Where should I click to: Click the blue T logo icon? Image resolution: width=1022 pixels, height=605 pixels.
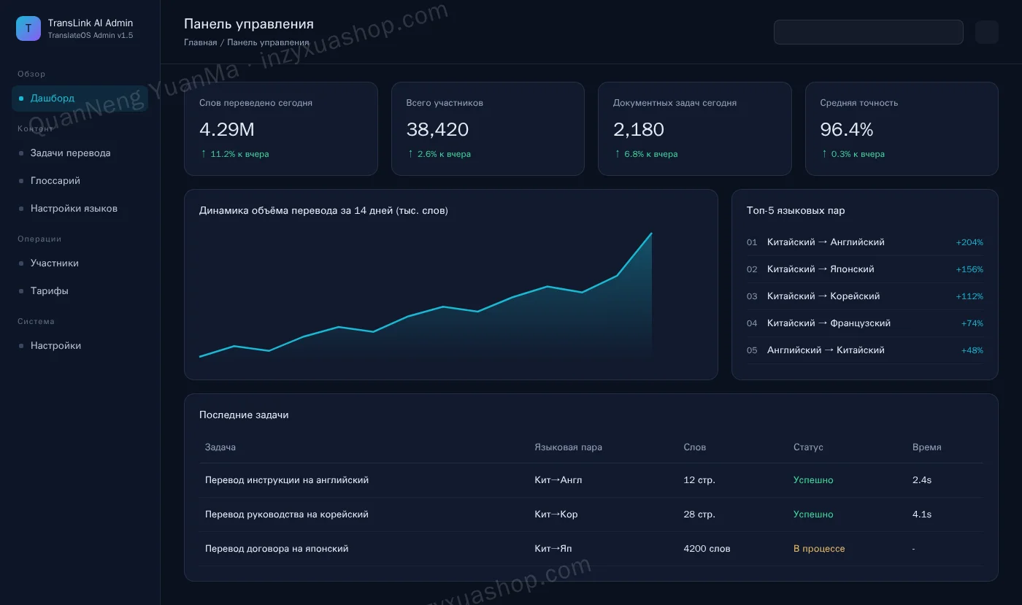pos(28,28)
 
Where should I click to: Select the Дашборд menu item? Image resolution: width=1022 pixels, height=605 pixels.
pos(52,98)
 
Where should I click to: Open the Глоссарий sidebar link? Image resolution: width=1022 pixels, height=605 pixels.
pos(55,181)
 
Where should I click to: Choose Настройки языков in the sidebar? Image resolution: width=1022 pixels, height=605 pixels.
pos(74,209)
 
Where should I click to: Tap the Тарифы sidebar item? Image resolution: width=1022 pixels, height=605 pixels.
pos(50,290)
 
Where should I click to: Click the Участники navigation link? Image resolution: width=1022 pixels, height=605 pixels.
pos(54,263)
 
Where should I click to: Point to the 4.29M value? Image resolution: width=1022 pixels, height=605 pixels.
pos(227,130)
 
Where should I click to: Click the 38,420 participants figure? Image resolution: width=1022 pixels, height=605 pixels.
pos(437,130)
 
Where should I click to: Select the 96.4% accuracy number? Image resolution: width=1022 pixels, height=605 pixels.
pos(846,130)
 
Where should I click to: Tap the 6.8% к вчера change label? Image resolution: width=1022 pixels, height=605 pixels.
pos(650,154)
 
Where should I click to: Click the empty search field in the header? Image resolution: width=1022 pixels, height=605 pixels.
pos(868,32)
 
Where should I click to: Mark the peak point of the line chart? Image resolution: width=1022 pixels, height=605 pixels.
pos(651,234)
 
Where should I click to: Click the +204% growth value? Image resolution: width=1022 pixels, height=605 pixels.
pos(969,242)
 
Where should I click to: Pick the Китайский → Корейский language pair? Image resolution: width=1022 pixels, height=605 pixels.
pos(823,296)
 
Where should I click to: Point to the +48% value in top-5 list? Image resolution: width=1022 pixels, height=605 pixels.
pos(972,350)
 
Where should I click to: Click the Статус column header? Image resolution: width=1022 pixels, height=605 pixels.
pos(808,447)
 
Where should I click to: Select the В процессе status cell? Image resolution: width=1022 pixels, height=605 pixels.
pos(818,548)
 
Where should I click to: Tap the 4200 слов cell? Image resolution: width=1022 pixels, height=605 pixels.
pos(707,548)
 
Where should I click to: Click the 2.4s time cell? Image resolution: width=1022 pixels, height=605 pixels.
pos(921,480)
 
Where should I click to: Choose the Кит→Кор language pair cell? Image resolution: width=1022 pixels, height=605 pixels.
pos(556,515)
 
